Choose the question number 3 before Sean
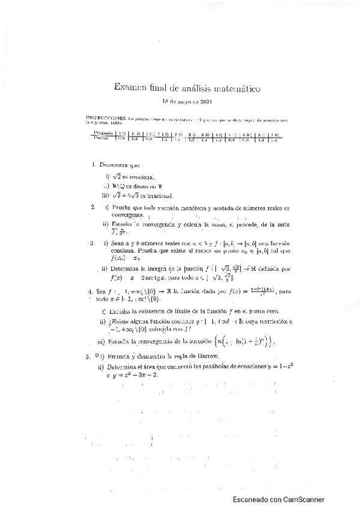[x=91, y=244]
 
